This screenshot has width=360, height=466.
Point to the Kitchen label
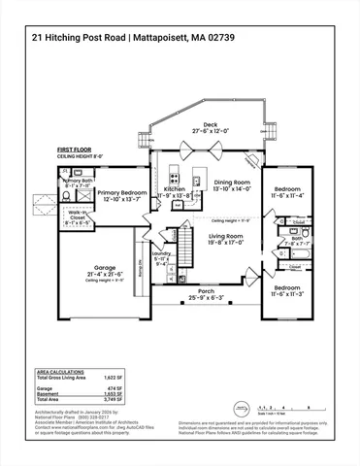coord(174,188)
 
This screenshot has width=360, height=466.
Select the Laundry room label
coord(162,254)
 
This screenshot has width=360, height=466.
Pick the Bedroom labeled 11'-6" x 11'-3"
coord(287,288)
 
